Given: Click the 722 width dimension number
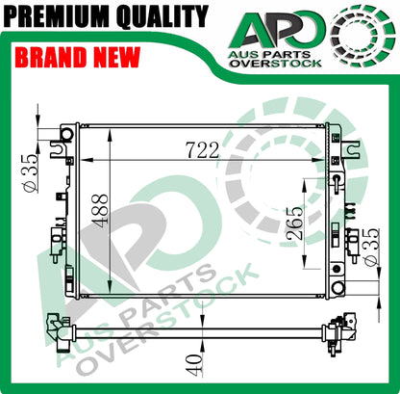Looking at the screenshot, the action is click(x=203, y=150).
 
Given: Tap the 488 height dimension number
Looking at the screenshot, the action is click(x=100, y=211).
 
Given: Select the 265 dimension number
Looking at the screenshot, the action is click(x=294, y=223).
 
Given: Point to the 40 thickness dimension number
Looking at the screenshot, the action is click(x=194, y=364).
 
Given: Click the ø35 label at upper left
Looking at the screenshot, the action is click(x=30, y=172).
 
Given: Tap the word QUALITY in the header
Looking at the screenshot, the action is click(x=162, y=16).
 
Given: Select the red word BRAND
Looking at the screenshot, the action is click(x=51, y=57).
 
